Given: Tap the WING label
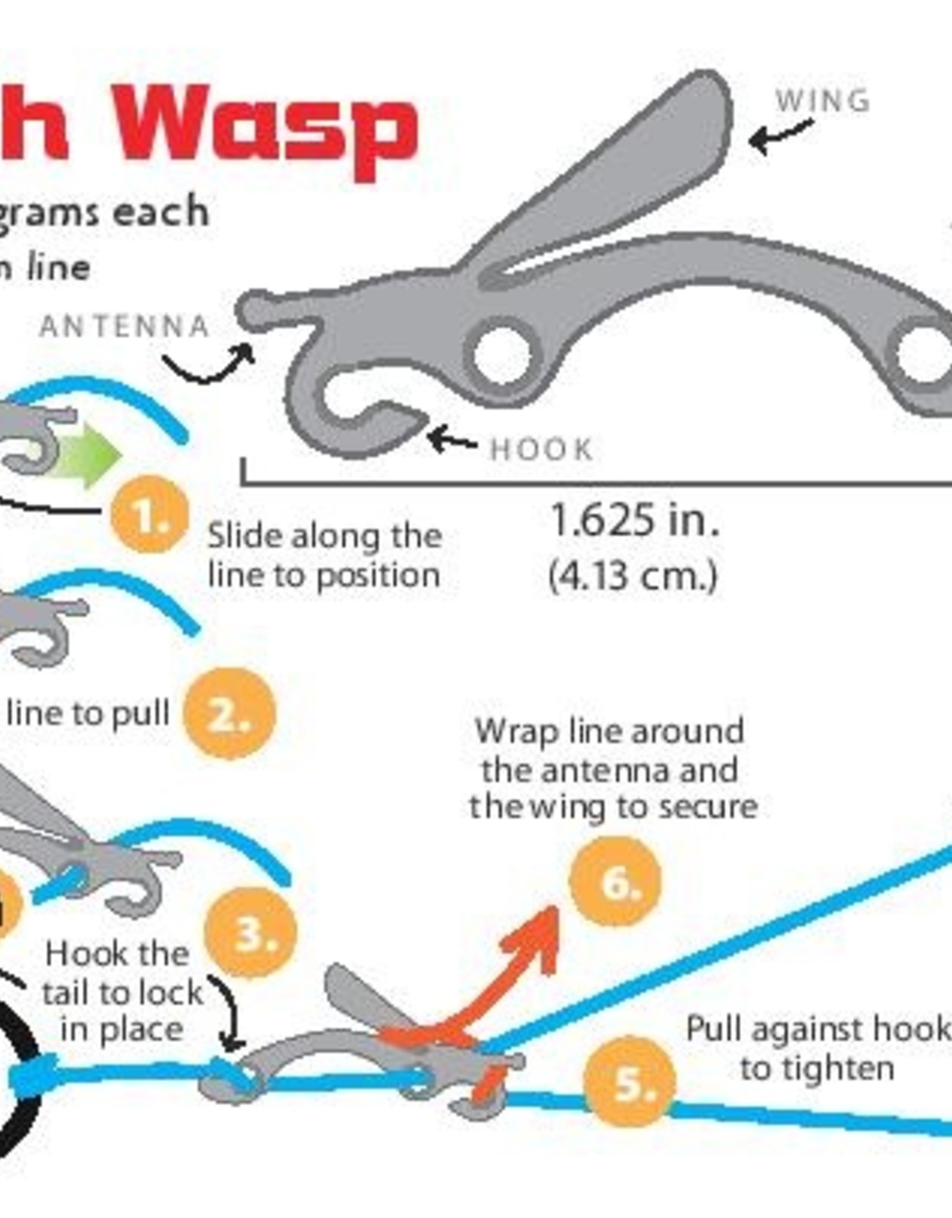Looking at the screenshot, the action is [823, 101].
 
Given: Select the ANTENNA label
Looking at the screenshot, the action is [124, 327].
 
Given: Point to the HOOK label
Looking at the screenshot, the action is [541, 450].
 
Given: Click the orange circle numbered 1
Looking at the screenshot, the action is [149, 514].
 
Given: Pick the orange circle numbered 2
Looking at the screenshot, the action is [230, 714].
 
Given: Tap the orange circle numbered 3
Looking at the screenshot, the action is [250, 933].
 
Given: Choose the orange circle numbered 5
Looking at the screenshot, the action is [630, 1084].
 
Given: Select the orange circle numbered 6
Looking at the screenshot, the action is [615, 881].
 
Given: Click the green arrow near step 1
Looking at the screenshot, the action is [89, 455].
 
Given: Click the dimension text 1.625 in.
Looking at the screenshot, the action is [635, 520].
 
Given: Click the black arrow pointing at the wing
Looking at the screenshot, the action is [779, 134].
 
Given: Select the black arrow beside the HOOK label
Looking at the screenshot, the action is [451, 440].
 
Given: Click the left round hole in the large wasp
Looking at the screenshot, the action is [501, 355].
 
